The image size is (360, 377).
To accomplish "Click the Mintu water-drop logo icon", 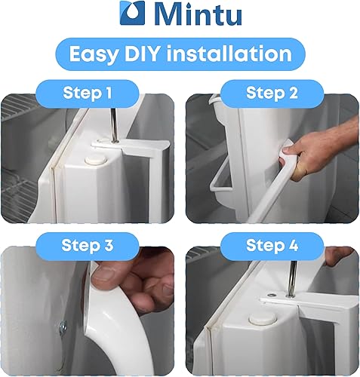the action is (x=132, y=13).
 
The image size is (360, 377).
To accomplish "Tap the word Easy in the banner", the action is (x=94, y=54).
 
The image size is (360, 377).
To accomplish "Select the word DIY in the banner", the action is (x=142, y=54).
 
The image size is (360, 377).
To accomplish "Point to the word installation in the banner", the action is (x=229, y=54).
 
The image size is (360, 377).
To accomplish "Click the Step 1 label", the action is (x=88, y=93).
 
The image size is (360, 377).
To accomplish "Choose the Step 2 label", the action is (x=272, y=93).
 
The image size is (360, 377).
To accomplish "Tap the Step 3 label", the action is (x=88, y=245).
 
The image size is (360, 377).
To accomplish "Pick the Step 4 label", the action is (x=272, y=245).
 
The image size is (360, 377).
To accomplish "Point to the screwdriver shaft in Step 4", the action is (x=292, y=279).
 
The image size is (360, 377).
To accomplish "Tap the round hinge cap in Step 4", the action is (x=263, y=319).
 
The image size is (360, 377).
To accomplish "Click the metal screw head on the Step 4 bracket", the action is (x=271, y=295).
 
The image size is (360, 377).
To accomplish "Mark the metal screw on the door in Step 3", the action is (x=63, y=326).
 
